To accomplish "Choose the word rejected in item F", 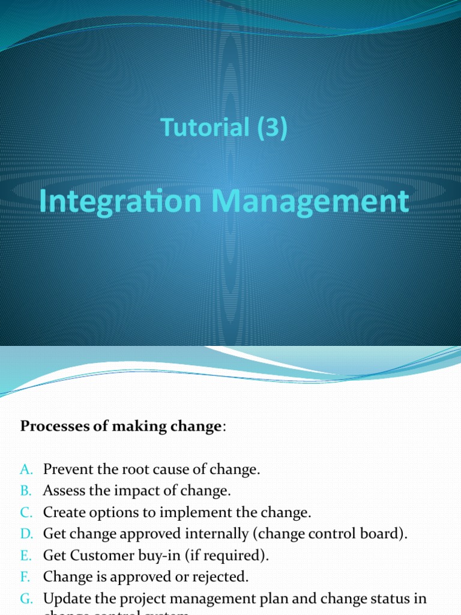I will (x=224, y=577).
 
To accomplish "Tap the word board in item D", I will (x=381, y=534).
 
